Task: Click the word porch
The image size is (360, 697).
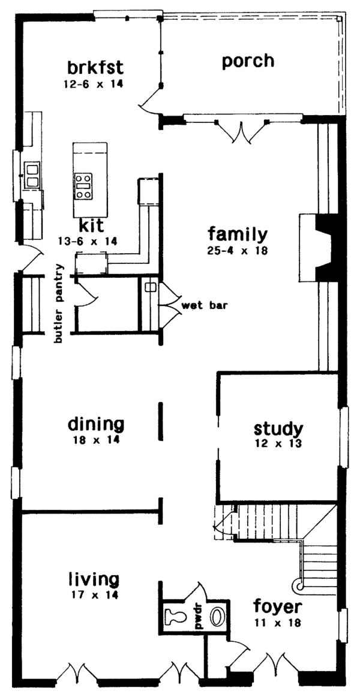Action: (248, 61)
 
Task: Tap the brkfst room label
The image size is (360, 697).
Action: (91, 65)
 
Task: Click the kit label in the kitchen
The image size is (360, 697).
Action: (91, 226)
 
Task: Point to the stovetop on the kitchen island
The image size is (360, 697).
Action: (83, 185)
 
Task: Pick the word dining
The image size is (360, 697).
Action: (96, 425)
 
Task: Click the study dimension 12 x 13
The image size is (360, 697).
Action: (278, 444)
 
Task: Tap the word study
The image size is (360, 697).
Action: (278, 429)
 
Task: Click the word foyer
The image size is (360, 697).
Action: (277, 606)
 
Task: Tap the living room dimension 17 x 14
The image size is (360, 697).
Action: (93, 595)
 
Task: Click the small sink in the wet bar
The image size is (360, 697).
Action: (151, 287)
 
